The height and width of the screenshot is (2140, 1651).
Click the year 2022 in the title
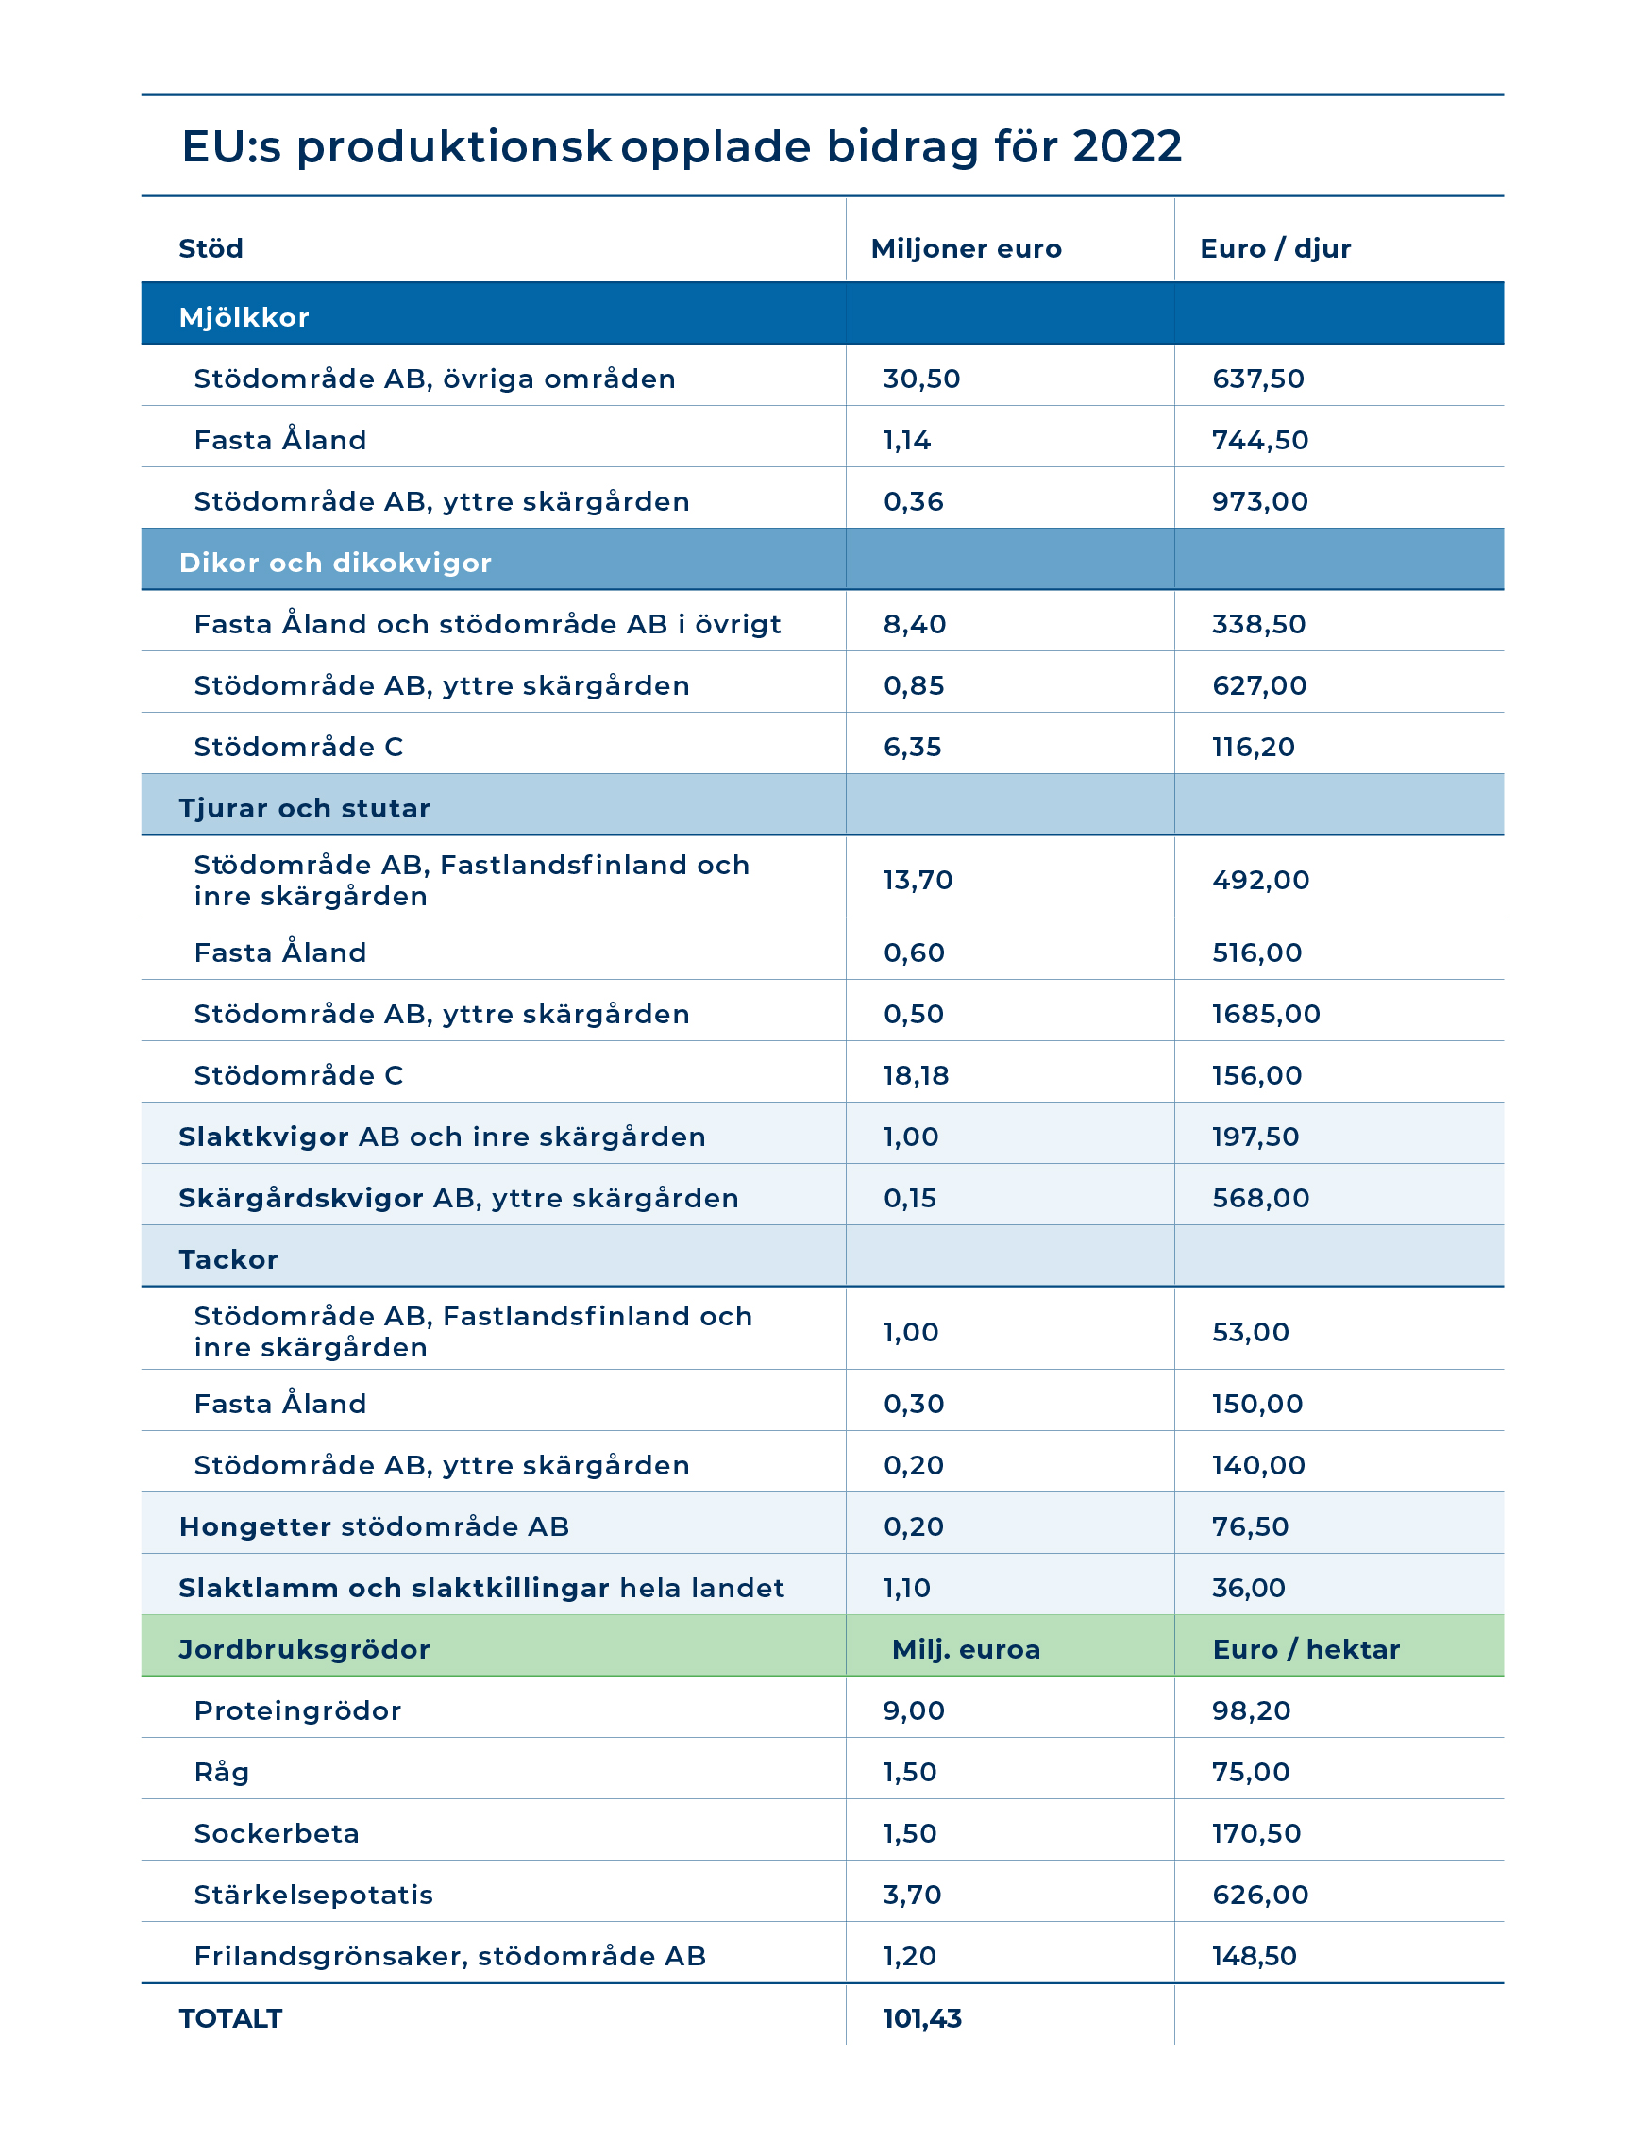click(x=1127, y=147)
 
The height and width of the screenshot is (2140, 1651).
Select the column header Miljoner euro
click(x=965, y=249)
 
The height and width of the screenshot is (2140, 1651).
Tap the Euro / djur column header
click(x=1274, y=249)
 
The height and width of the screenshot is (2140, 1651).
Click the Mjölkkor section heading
click(x=244, y=317)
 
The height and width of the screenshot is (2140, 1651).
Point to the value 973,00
click(x=1259, y=501)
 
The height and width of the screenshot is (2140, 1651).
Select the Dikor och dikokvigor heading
click(x=335, y=564)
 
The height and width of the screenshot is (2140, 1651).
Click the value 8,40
click(x=914, y=624)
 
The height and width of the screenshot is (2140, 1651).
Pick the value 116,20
click(x=1254, y=747)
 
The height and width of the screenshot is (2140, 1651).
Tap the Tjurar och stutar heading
click(x=304, y=808)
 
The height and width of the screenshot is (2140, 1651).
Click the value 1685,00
click(x=1266, y=1014)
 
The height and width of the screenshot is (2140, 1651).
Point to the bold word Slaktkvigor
click(x=263, y=1137)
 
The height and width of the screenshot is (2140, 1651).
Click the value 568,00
click(x=1260, y=1198)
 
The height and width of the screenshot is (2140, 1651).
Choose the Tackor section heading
click(x=228, y=1260)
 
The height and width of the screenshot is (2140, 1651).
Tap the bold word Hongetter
click(x=255, y=1526)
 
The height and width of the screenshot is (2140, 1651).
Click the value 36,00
click(x=1248, y=1589)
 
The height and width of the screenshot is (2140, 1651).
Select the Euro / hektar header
click(x=1306, y=1650)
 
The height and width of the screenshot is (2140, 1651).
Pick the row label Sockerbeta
click(x=277, y=1834)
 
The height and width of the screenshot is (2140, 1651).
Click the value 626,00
click(x=1260, y=1895)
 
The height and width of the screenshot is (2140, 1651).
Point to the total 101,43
click(x=922, y=2018)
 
